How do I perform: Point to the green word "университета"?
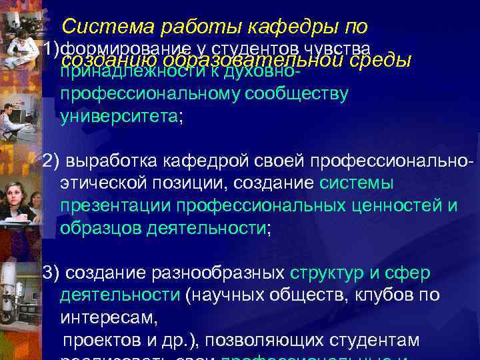tap(119, 117)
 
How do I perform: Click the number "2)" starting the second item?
tap(51, 161)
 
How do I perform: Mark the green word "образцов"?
tap(96, 228)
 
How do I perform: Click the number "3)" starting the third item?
tap(51, 273)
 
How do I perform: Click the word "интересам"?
tap(109, 317)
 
